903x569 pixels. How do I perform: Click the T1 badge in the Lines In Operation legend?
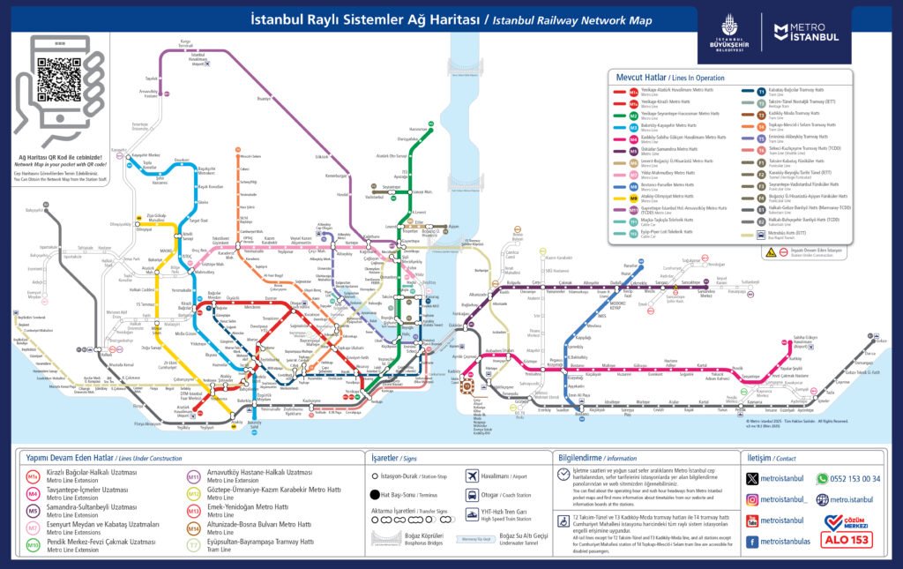[761, 91]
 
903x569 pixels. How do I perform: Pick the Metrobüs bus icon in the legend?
[761, 233]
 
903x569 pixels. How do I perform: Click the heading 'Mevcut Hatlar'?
[641, 78]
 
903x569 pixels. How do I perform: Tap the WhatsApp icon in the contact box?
[822, 479]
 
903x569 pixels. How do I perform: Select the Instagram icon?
[752, 499]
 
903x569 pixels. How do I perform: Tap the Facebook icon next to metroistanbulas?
[752, 541]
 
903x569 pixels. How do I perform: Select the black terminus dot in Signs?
[375, 495]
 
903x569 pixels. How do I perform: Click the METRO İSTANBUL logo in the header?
[806, 34]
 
